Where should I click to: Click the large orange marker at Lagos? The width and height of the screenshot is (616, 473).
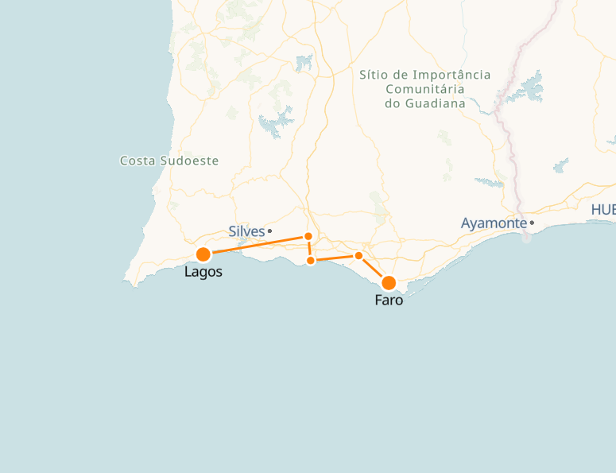(x=203, y=254)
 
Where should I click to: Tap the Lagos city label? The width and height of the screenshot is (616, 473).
(x=203, y=272)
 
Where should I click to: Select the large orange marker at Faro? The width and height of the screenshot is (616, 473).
(x=389, y=283)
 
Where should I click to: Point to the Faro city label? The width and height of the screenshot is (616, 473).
(x=389, y=300)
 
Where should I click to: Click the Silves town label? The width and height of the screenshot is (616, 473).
(x=246, y=231)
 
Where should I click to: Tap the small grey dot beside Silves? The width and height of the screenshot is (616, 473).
(x=270, y=231)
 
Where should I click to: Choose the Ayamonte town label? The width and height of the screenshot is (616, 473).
(x=494, y=223)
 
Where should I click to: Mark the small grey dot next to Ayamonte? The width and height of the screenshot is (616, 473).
(x=532, y=223)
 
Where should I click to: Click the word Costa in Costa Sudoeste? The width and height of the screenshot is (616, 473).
(x=137, y=161)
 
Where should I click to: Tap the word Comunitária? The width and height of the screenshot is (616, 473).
(x=424, y=89)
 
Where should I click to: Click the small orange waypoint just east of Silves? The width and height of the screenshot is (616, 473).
(x=308, y=236)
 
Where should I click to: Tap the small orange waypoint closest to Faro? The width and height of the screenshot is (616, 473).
(x=358, y=255)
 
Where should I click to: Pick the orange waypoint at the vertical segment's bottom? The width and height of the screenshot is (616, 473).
(x=311, y=261)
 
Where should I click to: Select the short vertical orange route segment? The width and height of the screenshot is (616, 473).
(x=309, y=248)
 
